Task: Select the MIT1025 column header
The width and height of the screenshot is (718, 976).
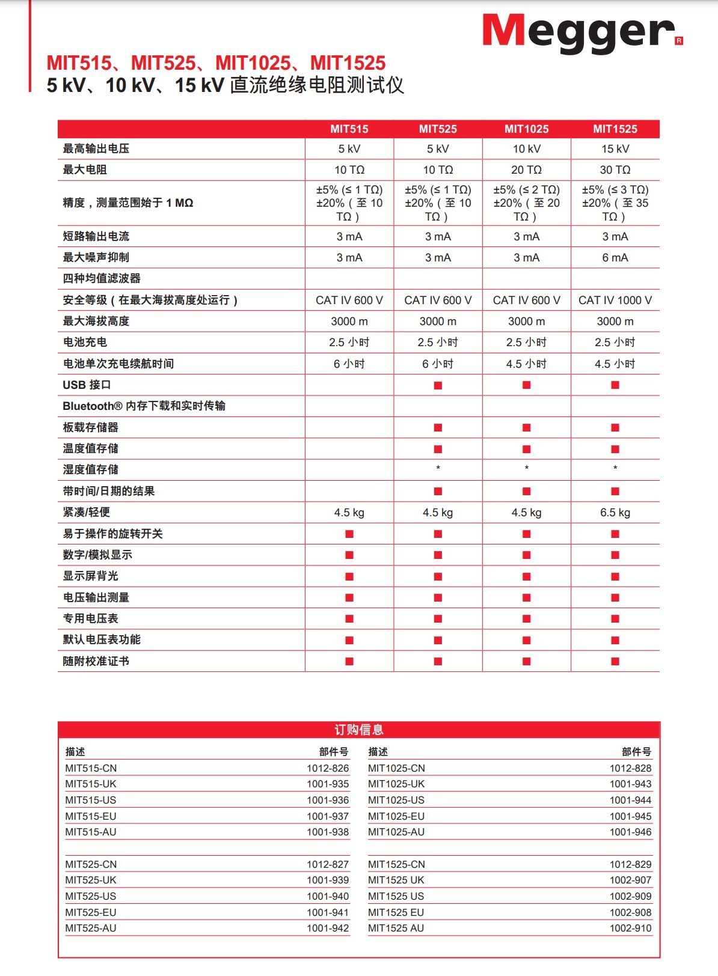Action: coord(526,129)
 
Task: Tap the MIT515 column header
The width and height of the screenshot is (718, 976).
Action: coord(349,129)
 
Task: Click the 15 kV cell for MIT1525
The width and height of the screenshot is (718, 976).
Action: coord(615,149)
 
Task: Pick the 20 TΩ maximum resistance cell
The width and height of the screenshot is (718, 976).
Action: coord(526,170)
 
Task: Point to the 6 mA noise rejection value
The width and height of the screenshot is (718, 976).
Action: coord(615,258)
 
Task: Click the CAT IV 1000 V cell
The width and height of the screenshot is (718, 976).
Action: coord(615,300)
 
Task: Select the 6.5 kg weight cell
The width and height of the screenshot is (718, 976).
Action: coord(615,513)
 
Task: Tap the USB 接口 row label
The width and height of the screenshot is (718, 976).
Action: coord(87,385)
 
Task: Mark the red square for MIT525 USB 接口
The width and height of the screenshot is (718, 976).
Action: coord(438,385)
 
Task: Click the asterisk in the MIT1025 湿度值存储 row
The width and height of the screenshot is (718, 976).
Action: coord(526,468)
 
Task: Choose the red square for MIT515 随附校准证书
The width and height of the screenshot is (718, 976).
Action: coord(349,661)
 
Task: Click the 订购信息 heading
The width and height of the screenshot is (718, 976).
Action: coord(359,730)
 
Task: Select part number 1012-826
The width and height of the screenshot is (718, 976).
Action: coord(328,768)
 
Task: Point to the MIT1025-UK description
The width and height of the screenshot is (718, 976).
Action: coord(396,784)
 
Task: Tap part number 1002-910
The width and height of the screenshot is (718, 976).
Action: coord(630,928)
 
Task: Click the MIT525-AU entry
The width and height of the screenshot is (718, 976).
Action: coord(91,928)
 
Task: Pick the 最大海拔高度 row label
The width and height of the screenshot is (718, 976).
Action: coord(96,321)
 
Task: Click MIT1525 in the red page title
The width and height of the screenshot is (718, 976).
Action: coord(348,63)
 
